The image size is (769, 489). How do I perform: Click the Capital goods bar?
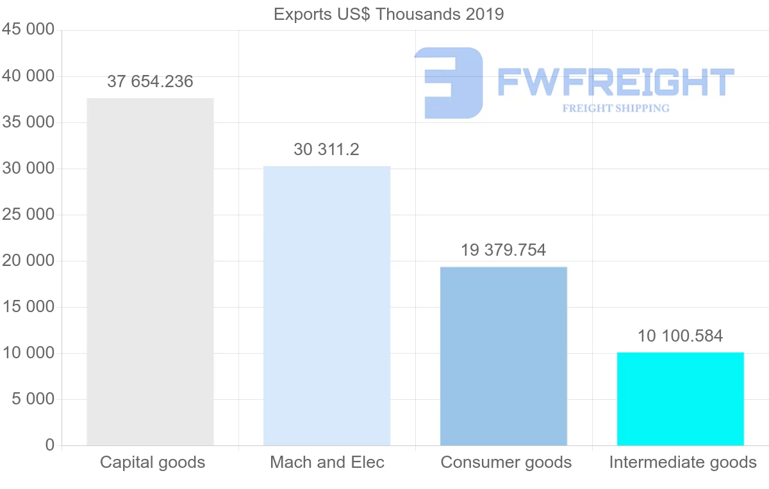pyautogui.click(x=150, y=272)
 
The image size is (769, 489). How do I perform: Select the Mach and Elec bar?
pyautogui.click(x=327, y=306)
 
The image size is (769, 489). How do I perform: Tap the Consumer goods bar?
pyautogui.click(x=504, y=356)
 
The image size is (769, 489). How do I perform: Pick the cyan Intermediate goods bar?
pyautogui.click(x=681, y=399)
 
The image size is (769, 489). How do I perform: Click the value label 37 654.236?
pyautogui.click(x=150, y=82)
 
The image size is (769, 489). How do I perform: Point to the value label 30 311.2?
pyautogui.click(x=327, y=150)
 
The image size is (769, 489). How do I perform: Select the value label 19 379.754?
pyautogui.click(x=504, y=250)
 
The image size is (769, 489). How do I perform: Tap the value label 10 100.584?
pyautogui.click(x=681, y=336)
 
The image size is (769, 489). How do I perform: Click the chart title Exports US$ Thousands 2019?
pyautogui.click(x=389, y=14)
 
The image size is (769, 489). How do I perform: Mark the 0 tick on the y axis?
pyautogui.click(x=50, y=445)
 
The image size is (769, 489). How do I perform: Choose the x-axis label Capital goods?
pyautogui.click(x=153, y=462)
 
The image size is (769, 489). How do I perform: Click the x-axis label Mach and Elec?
pyautogui.click(x=327, y=462)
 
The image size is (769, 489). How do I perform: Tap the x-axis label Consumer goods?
pyautogui.click(x=506, y=462)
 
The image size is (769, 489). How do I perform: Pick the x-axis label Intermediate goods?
pyautogui.click(x=683, y=462)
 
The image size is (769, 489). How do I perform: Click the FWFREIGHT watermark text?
pyautogui.click(x=615, y=83)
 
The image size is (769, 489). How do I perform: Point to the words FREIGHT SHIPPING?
pyautogui.click(x=616, y=108)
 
